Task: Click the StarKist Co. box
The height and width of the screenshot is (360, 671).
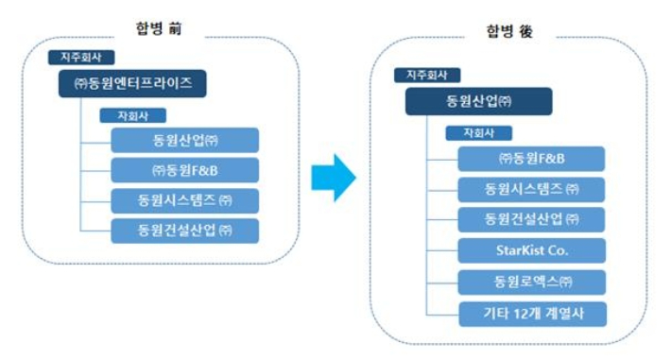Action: [531, 252]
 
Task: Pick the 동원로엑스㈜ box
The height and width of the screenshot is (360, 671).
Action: [531, 283]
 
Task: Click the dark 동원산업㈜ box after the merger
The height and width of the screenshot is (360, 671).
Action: [478, 102]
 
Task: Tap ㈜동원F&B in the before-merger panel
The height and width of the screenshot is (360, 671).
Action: [184, 170]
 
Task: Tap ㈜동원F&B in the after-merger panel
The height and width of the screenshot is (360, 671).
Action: [531, 159]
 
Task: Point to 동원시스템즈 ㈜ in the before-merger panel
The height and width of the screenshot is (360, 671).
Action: [184, 200]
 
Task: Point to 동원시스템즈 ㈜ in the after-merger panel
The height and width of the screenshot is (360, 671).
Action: [531, 190]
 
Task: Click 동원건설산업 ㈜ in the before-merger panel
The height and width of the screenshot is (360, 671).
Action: [184, 231]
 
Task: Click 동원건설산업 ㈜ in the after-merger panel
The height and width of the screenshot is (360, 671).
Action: [531, 221]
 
